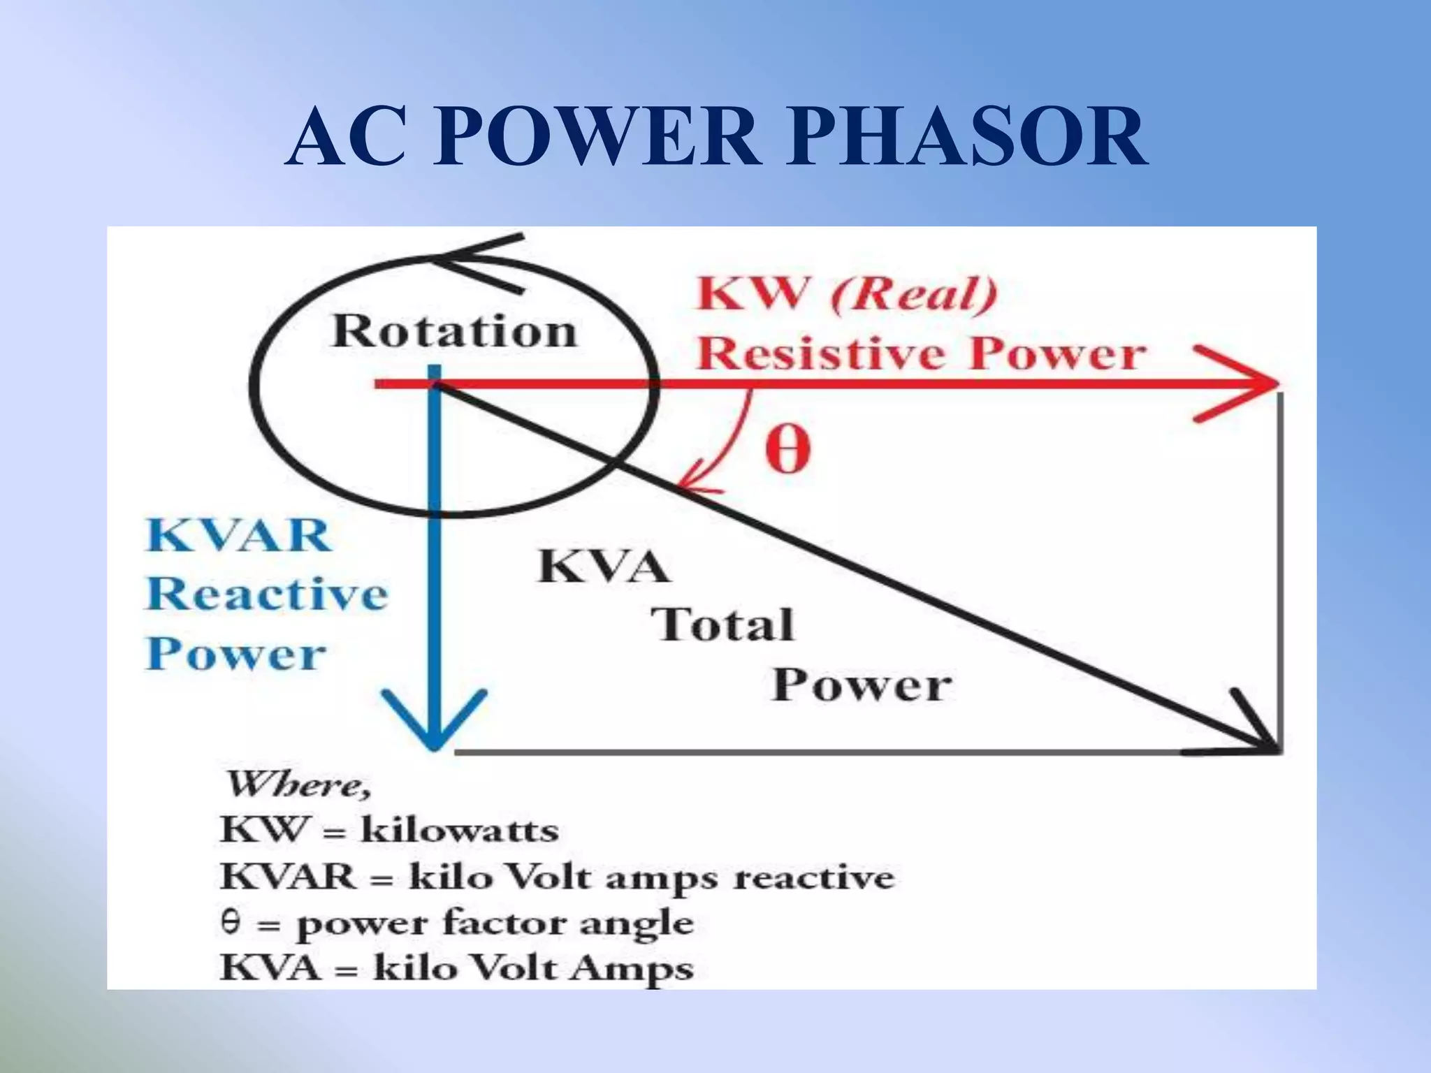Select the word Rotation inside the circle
(454, 331)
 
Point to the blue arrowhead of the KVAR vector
(435, 727)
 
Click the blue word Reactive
(267, 594)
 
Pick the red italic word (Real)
(913, 294)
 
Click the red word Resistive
(823, 353)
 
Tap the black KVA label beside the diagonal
(604, 566)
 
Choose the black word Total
(723, 625)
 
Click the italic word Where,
(298, 784)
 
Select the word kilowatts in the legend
(459, 831)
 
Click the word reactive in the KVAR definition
(813, 877)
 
